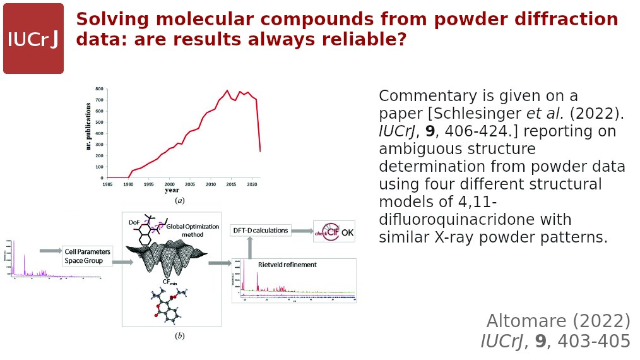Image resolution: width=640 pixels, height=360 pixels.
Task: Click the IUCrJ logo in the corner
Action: (33, 39)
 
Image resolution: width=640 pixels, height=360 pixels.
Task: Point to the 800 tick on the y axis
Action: (99, 90)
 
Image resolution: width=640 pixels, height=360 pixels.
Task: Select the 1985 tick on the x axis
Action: (108, 184)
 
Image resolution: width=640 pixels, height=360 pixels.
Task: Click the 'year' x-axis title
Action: (172, 190)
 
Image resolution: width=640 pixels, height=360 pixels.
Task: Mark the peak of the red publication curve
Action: (227, 90)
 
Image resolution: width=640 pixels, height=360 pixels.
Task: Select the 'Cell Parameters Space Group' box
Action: (88, 256)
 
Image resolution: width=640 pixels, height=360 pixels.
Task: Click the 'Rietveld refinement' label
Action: (287, 265)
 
